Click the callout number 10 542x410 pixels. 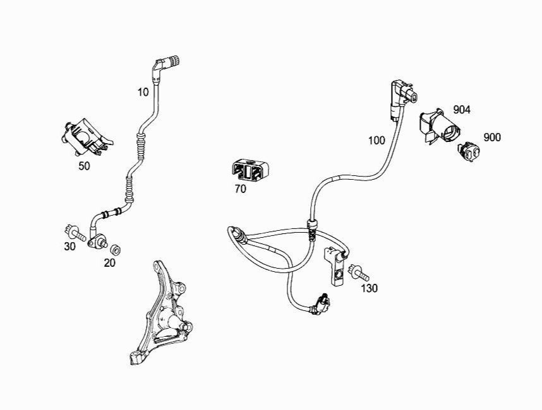point(143,92)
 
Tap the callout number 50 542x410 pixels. point(84,166)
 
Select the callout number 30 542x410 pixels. point(69,247)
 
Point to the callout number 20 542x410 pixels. point(109,263)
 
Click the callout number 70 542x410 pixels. point(240,189)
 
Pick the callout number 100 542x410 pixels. point(376,141)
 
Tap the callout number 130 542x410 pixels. point(369,288)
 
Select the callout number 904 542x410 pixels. point(462,110)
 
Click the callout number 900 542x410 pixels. point(492,138)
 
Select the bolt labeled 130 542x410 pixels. point(358,272)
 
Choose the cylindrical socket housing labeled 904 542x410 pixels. point(440,126)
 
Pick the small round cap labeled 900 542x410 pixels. point(469,151)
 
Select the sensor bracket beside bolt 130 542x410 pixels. point(335,266)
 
